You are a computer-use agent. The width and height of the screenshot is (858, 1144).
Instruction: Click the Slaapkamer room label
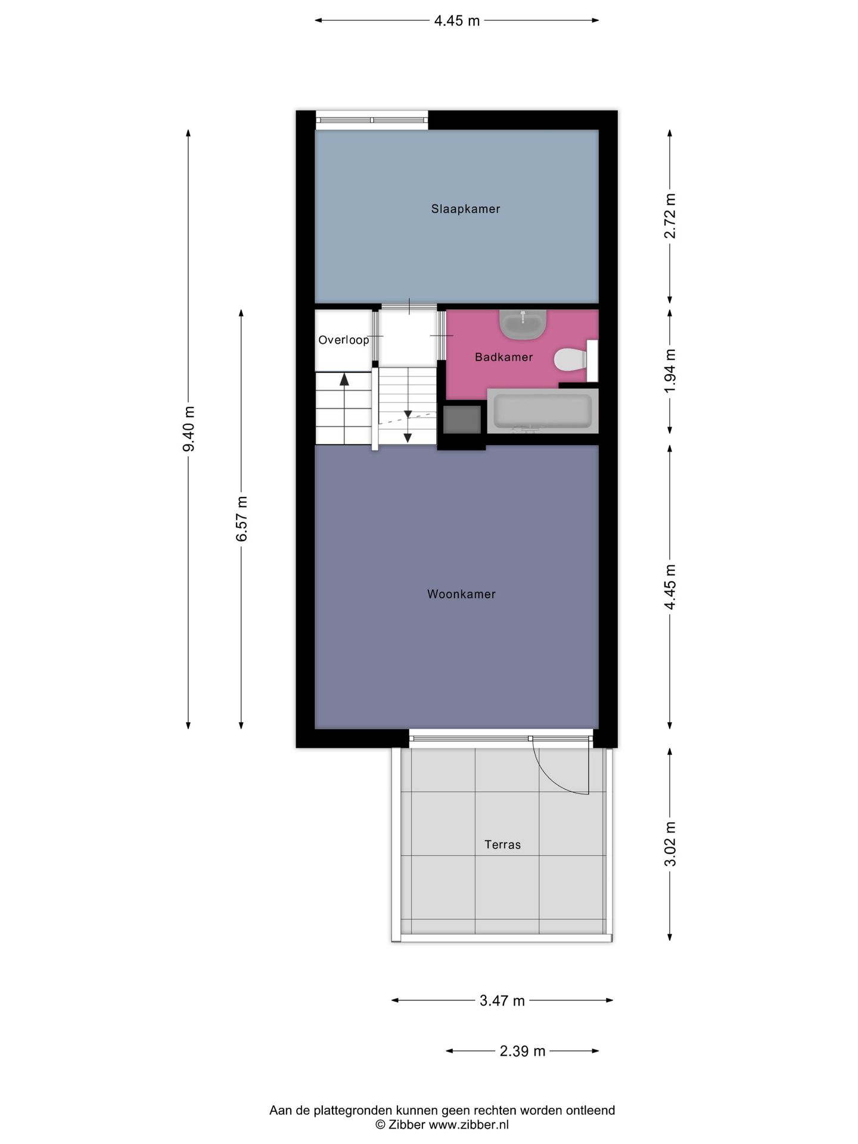pyautogui.click(x=465, y=209)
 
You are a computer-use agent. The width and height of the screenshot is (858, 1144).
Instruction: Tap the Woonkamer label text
pyautogui.click(x=461, y=594)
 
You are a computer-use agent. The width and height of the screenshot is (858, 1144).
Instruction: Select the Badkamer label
pyautogui.click(x=503, y=357)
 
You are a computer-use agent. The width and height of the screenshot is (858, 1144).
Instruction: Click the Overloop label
pyautogui.click(x=343, y=340)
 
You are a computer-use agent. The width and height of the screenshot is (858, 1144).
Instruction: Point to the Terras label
pyautogui.click(x=502, y=844)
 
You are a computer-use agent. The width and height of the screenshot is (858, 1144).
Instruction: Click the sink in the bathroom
pyautogui.click(x=523, y=324)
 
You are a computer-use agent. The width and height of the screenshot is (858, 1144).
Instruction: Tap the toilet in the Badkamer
pyautogui.click(x=570, y=359)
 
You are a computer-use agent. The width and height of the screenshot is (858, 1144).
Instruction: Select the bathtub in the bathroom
pyautogui.click(x=542, y=411)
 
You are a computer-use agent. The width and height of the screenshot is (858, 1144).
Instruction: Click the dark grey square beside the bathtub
pyautogui.click(x=462, y=419)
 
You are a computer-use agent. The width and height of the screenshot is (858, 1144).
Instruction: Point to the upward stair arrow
pyautogui.click(x=344, y=380)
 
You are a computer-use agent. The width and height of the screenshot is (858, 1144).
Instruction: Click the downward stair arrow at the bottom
pyautogui.click(x=408, y=437)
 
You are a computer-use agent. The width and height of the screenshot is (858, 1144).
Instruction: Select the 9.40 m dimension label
pyautogui.click(x=189, y=429)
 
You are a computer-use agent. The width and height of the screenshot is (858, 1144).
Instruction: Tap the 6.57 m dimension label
pyautogui.click(x=241, y=518)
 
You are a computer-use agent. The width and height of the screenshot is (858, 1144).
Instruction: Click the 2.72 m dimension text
pyautogui.click(x=670, y=216)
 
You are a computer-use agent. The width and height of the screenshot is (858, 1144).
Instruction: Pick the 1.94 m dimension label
pyautogui.click(x=670, y=371)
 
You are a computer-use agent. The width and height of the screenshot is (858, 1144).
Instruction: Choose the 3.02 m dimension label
pyautogui.click(x=670, y=844)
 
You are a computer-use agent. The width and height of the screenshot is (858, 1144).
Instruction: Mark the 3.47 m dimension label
pyautogui.click(x=502, y=1000)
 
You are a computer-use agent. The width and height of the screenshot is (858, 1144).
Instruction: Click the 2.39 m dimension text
pyautogui.click(x=522, y=1051)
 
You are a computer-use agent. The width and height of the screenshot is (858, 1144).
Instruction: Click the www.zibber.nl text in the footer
pyautogui.click(x=468, y=1124)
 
